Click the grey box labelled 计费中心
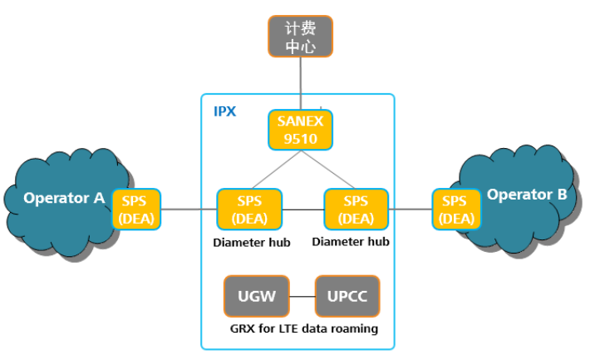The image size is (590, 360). click(x=300, y=37)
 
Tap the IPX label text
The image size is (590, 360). click(x=224, y=111)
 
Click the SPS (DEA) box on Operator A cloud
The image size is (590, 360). click(x=135, y=210)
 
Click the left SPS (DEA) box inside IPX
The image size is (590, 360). click(x=248, y=210)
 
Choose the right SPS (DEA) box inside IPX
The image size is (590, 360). click(x=356, y=210)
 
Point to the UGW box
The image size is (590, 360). click(x=256, y=296)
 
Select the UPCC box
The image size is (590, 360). click(x=347, y=296)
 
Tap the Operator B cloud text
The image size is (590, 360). click(x=527, y=195)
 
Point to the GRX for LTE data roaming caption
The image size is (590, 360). click(x=303, y=328)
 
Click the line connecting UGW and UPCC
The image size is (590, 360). click(x=302, y=296)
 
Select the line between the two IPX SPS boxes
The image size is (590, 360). click(x=302, y=210)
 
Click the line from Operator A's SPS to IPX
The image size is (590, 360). click(x=188, y=210)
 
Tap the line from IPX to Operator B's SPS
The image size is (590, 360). click(x=411, y=210)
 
